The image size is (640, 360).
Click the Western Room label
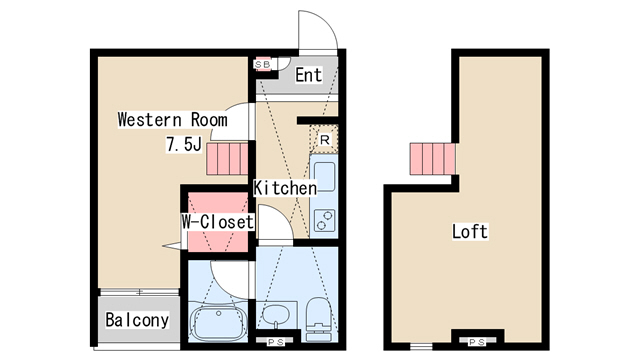pyautogui.click(x=172, y=120)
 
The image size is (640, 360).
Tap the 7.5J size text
pyautogui.click(x=184, y=144)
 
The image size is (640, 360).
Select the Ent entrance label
pyautogui.click(x=309, y=75)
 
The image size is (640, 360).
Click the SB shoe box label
pyautogui.click(x=262, y=64)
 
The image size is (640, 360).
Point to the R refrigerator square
pyautogui.click(x=324, y=140)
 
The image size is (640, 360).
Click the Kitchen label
pyautogui.click(x=285, y=188)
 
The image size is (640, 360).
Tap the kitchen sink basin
pyautogui.click(x=325, y=177)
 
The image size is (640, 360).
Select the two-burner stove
pyautogui.click(x=325, y=220)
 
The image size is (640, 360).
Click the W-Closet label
pyautogui.click(x=218, y=222)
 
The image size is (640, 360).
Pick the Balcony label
pyautogui.click(x=137, y=320)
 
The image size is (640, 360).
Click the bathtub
pyautogui.click(x=218, y=323)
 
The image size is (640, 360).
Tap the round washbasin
pyautogui.click(x=276, y=315)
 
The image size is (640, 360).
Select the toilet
pyautogui.click(x=319, y=318)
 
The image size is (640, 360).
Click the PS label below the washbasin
pyautogui.click(x=276, y=342)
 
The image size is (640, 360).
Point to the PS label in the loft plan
pyautogui.click(x=477, y=342)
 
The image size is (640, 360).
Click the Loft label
pyautogui.click(x=470, y=232)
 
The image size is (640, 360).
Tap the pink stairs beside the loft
pyautogui.click(x=433, y=159)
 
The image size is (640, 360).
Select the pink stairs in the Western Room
pyautogui.click(x=227, y=159)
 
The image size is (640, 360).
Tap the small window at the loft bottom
pyautogui.click(x=421, y=347)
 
